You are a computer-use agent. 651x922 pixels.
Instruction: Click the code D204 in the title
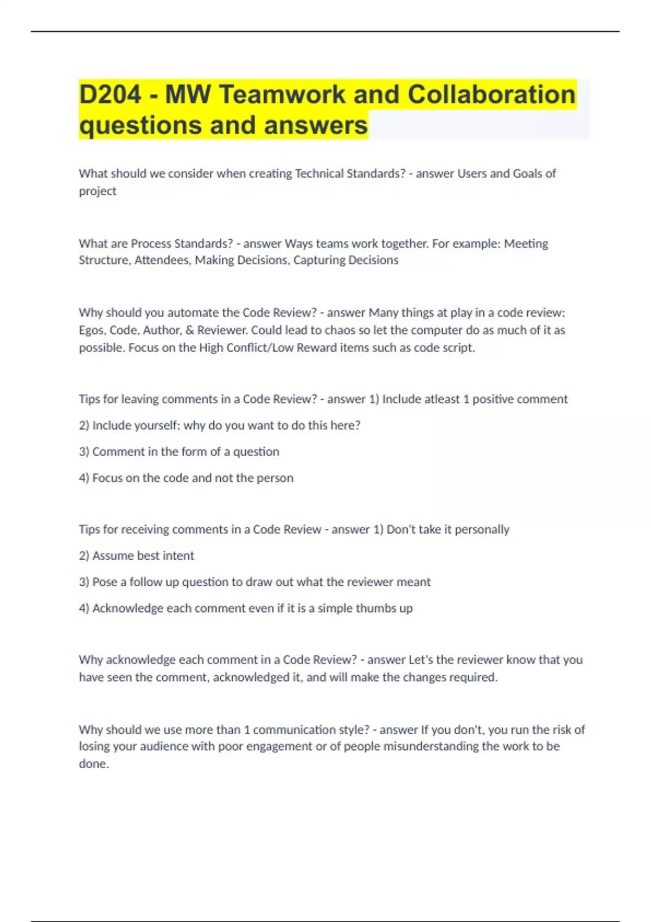point(111,95)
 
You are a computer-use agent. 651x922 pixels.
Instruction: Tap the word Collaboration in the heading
point(491,95)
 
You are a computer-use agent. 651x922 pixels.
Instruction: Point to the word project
point(98,191)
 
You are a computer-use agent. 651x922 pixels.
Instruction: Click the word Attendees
point(162,260)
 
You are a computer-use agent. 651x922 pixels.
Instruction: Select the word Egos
point(92,330)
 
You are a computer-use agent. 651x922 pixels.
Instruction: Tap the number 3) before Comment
point(84,452)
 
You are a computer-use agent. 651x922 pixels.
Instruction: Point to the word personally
point(482,529)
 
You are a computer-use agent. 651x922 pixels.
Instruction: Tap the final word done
point(93,764)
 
